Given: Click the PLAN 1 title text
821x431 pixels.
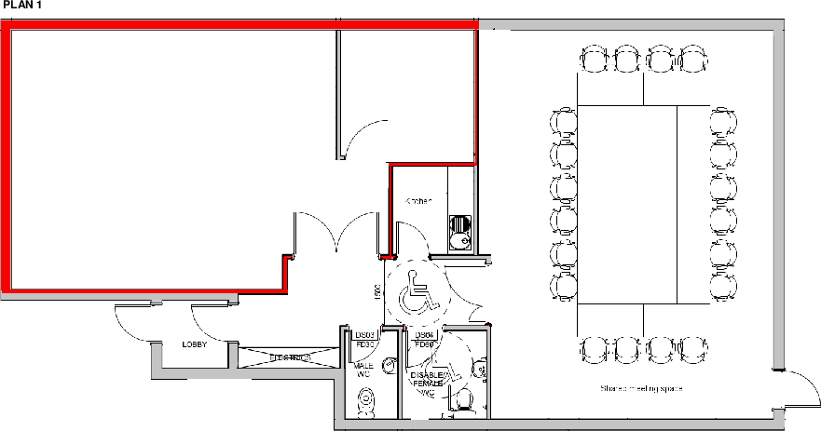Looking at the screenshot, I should [x=21, y=6].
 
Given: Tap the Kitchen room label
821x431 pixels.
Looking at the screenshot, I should [x=417, y=201].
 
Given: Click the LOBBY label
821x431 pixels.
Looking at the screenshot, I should [x=194, y=344].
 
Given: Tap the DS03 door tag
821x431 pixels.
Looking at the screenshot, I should [x=365, y=334].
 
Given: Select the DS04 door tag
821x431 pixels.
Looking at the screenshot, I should [x=424, y=334].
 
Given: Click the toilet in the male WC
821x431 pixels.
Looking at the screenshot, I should [x=366, y=401].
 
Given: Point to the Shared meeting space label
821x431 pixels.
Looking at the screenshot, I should [x=641, y=387].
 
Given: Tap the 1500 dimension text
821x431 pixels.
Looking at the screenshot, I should [x=377, y=291].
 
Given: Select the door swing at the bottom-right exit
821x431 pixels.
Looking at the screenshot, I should [x=795, y=392].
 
